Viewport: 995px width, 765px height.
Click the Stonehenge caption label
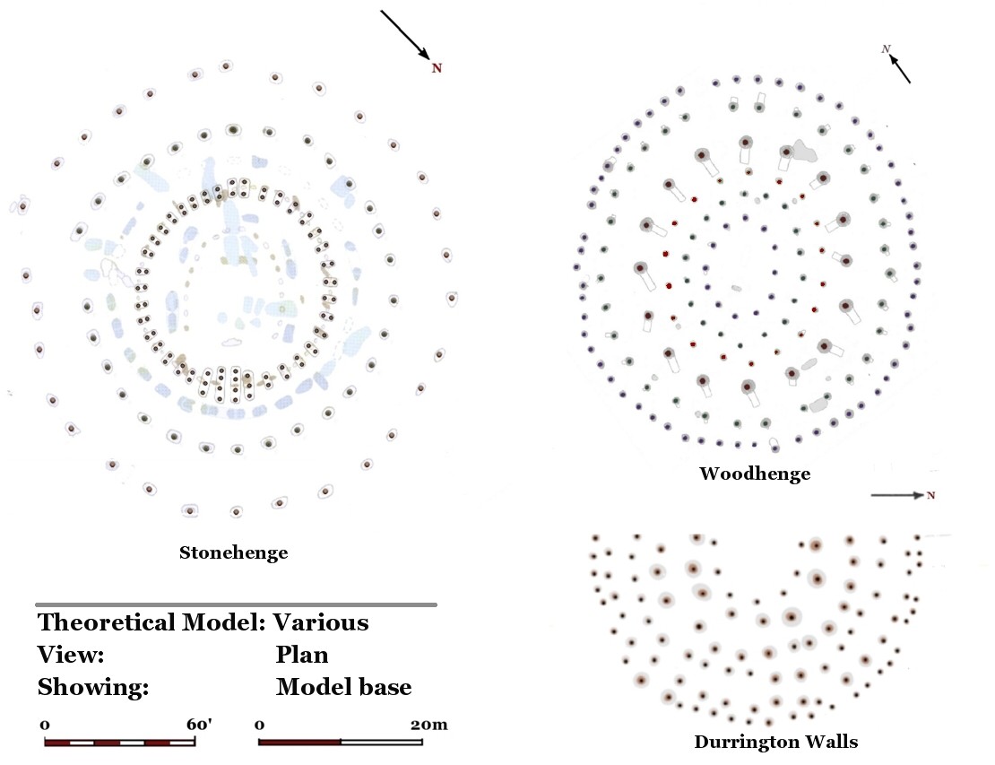click(x=233, y=552)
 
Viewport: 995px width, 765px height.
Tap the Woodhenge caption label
click(x=755, y=474)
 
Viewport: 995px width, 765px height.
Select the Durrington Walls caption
click(x=775, y=742)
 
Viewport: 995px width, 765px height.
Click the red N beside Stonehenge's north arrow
click(x=437, y=68)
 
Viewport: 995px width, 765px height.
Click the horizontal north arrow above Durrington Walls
click(x=897, y=495)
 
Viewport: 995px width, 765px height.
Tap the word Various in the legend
click(x=321, y=622)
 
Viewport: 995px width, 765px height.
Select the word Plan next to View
click(x=302, y=656)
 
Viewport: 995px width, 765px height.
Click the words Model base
click(x=343, y=688)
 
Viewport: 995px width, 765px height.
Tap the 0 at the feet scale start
click(x=45, y=724)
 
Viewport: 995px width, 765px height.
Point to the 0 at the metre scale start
click(x=260, y=724)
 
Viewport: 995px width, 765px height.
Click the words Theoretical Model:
click(x=152, y=622)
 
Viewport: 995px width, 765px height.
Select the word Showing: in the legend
click(x=92, y=688)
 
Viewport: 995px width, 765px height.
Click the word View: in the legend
click(x=71, y=656)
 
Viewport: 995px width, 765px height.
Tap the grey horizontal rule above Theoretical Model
click(x=236, y=604)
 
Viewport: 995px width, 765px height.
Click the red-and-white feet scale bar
click(x=120, y=743)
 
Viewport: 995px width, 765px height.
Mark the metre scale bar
click(x=341, y=743)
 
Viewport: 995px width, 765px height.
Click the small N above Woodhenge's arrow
click(x=886, y=49)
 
